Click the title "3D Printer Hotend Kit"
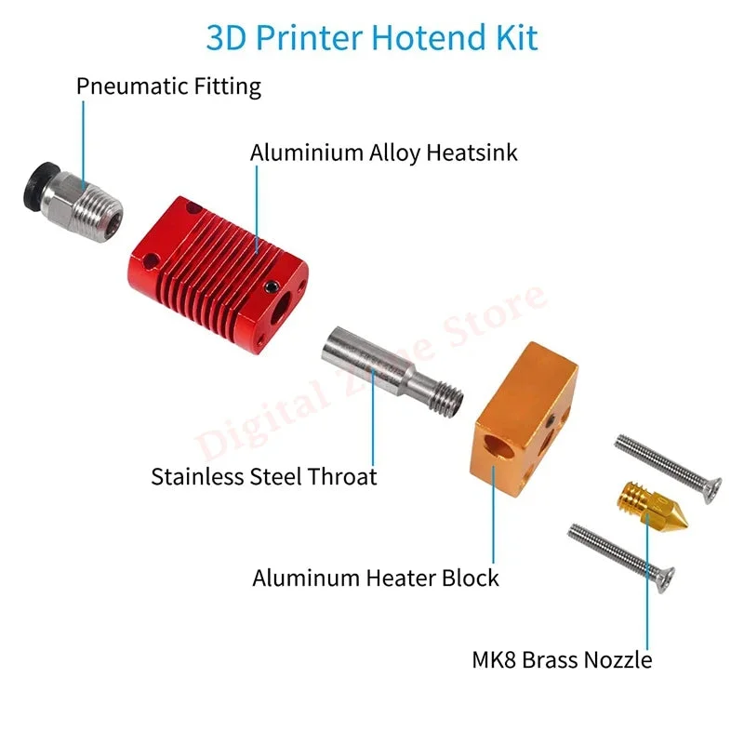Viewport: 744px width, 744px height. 372,37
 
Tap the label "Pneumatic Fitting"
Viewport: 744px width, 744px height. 168,86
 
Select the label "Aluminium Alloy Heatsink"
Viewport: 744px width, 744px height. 383,153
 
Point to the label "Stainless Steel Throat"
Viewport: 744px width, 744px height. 264,476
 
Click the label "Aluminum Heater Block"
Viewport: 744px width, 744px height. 376,578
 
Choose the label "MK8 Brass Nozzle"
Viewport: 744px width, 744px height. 562,660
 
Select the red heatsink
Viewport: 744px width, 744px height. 218,274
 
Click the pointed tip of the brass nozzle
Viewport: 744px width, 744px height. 685,524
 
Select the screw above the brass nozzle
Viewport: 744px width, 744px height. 669,468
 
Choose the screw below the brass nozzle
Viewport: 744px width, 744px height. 621,558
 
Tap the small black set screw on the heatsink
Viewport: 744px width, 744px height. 271,286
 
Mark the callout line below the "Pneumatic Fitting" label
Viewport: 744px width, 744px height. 84,145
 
